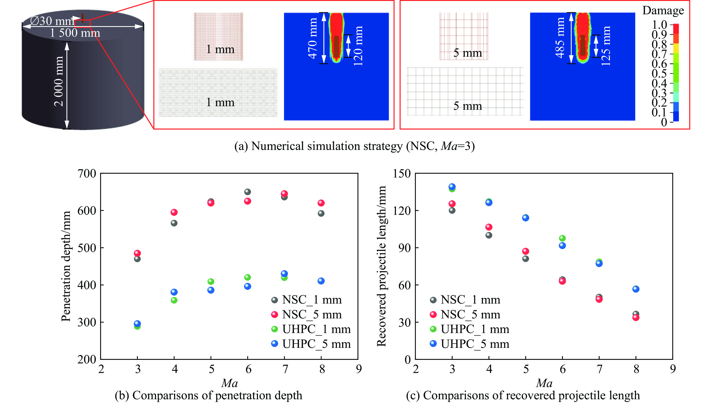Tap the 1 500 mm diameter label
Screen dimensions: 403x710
[x=75, y=33]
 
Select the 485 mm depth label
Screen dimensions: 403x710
[x=560, y=38]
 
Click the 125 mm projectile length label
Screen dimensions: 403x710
[x=606, y=46]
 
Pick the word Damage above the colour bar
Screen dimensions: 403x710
[x=663, y=11]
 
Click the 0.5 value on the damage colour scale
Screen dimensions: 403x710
[x=659, y=73]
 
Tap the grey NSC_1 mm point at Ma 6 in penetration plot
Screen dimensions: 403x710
[x=247, y=192]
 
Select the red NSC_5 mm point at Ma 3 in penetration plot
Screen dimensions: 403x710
[x=137, y=253]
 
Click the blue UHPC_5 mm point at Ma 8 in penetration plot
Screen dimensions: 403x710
[x=321, y=281]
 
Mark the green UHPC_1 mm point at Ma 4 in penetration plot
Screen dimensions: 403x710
[x=174, y=300]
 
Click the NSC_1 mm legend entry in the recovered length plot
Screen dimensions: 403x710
[x=465, y=300]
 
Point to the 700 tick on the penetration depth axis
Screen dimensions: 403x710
[x=87, y=174]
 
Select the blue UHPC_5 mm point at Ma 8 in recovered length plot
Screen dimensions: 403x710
[x=636, y=289]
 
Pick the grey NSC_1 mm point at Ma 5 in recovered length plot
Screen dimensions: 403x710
[x=526, y=259]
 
